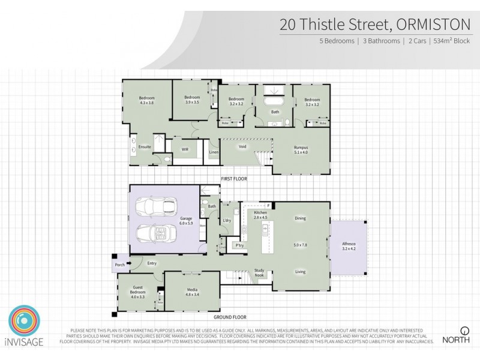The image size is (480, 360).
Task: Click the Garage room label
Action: coord(186,220)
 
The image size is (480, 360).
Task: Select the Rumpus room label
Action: coord(301,148)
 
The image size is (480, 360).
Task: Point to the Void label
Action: coord(242,146)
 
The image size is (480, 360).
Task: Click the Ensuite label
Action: coord(145,146)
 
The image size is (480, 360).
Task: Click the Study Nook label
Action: coord(260,272)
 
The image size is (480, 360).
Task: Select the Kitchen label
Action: coord(260,214)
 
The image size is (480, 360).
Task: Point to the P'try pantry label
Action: coord(239,246)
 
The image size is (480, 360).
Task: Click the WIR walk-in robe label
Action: coord(185,149)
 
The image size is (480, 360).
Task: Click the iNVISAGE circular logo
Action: coord(25,325)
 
